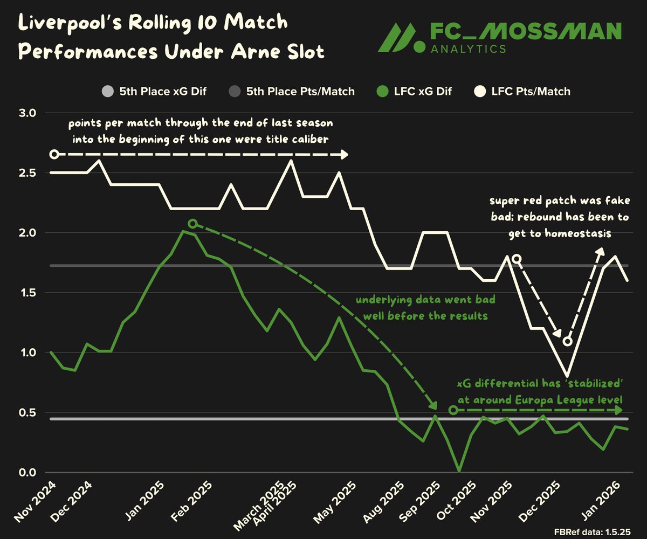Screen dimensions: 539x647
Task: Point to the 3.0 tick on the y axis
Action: coord(26,113)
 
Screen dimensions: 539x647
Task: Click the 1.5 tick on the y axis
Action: coord(26,293)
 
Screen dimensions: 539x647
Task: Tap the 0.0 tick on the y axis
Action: coord(26,472)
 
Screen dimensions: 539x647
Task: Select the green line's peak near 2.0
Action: coord(183,231)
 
